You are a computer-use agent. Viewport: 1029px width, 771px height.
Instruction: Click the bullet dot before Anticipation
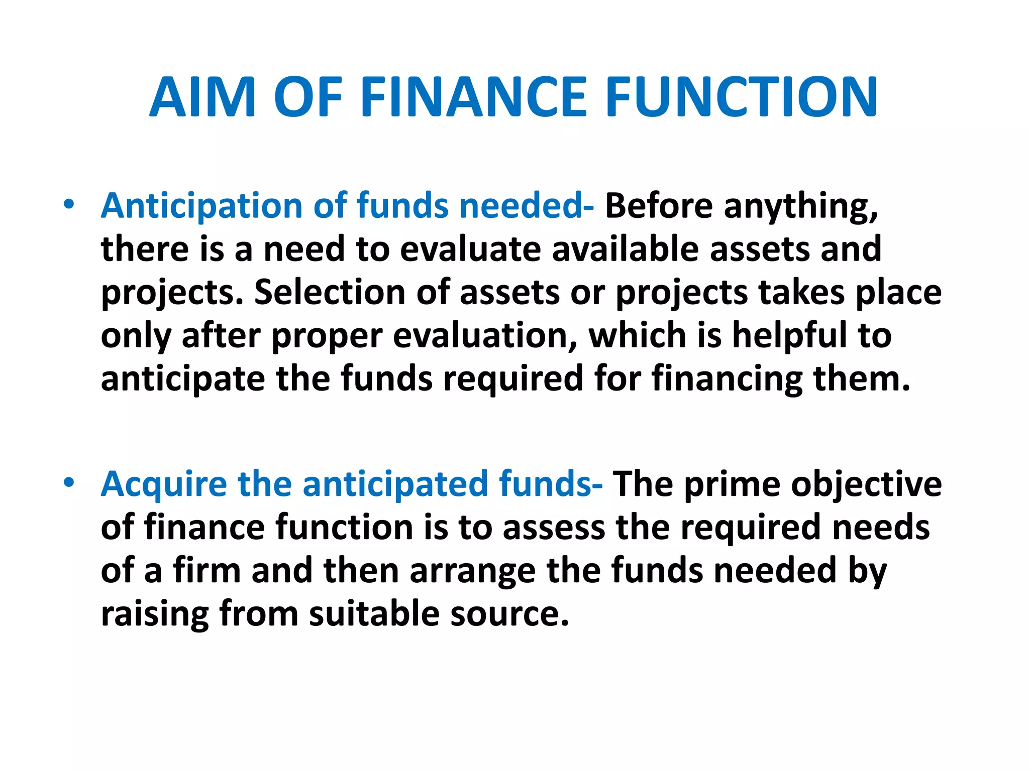click(69, 204)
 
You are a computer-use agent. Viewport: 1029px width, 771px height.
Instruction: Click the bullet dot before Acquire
click(69, 482)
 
